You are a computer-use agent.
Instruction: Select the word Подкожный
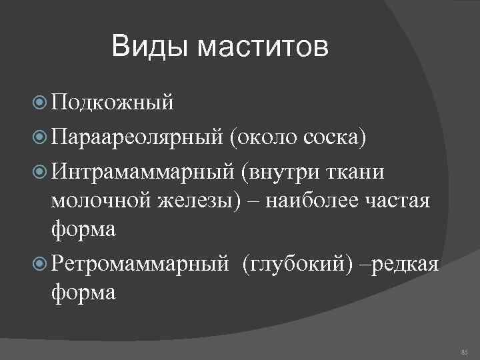(112, 103)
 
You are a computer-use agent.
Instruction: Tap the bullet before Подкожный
(39, 103)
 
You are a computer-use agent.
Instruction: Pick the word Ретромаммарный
(141, 263)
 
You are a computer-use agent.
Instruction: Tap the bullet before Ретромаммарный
(39, 263)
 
